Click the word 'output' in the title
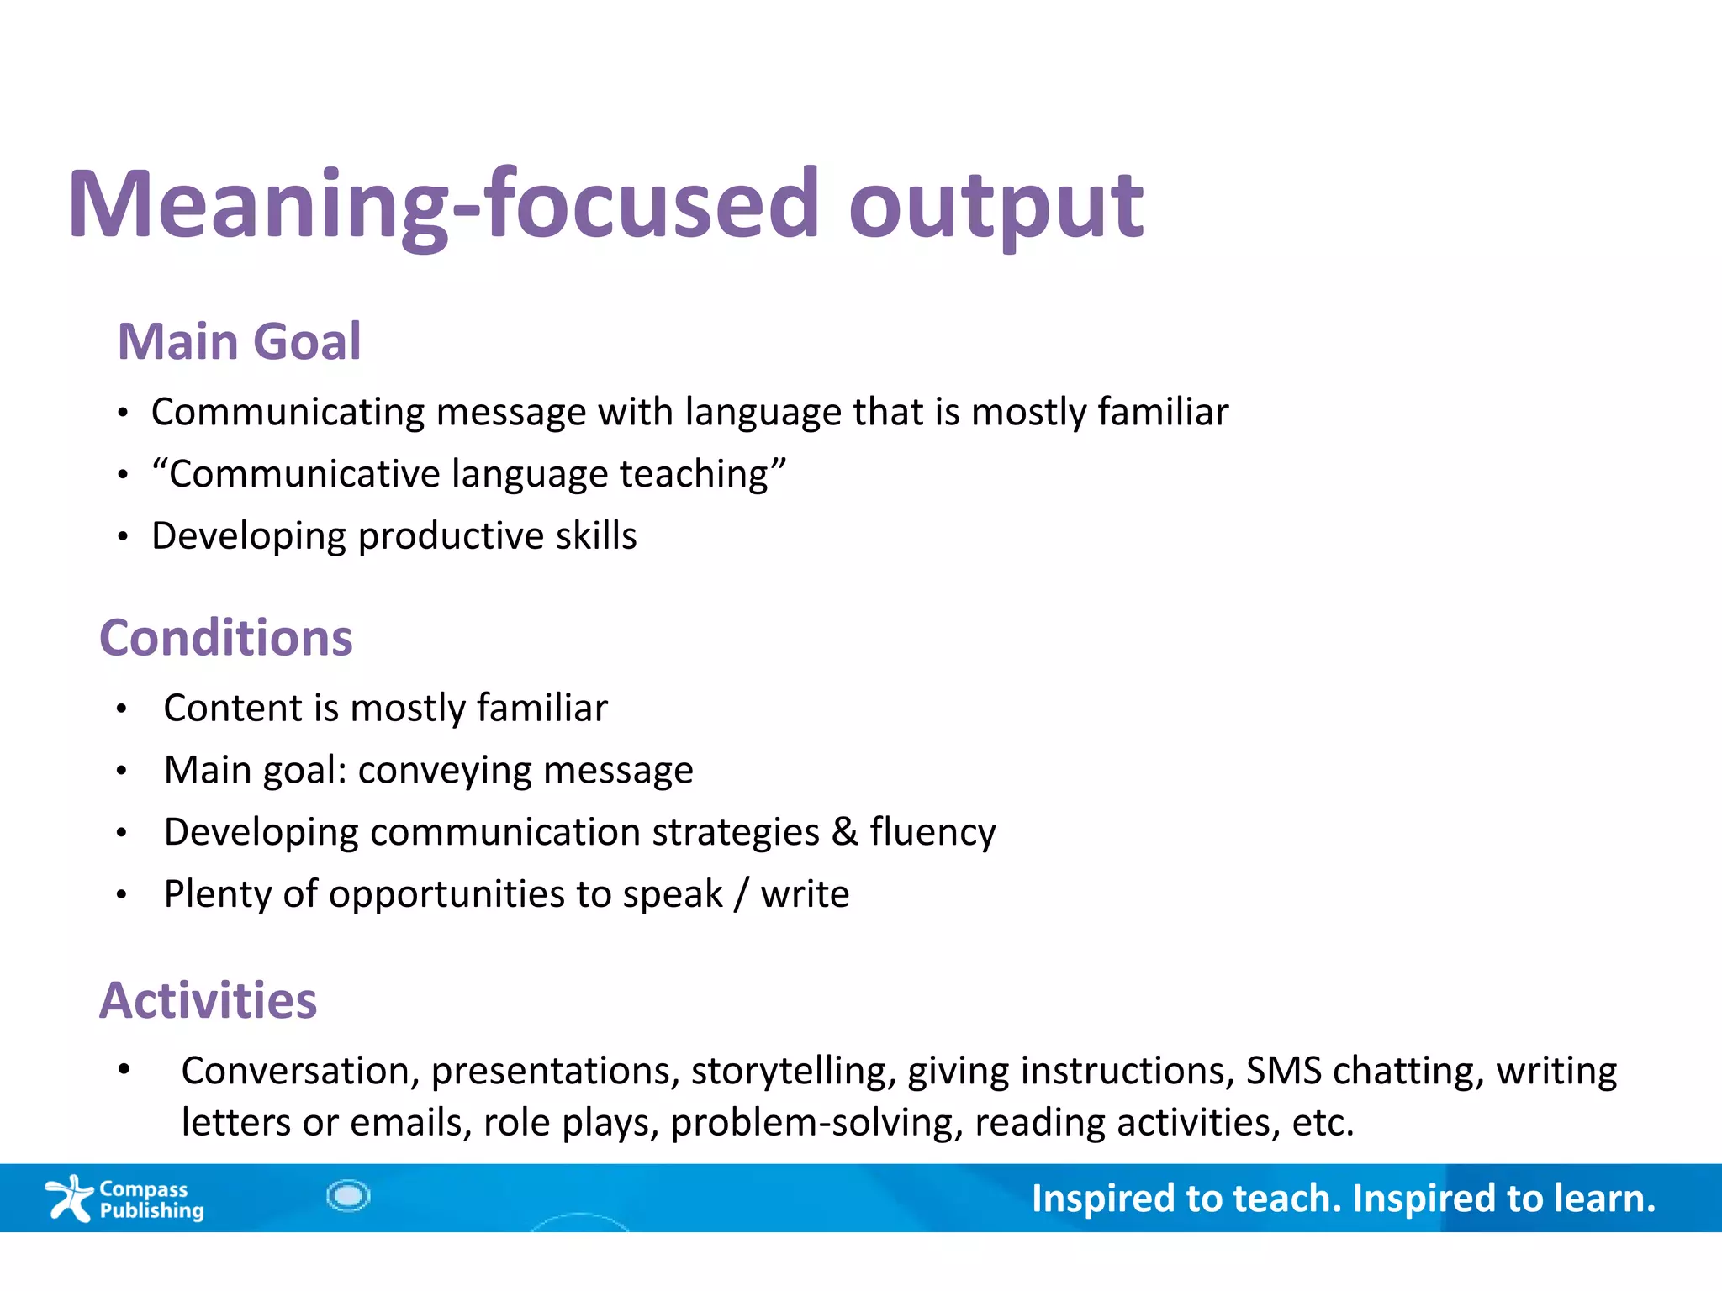(996, 205)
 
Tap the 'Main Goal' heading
(239, 342)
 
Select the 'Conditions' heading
(225, 638)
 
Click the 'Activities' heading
(208, 1000)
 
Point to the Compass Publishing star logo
(69, 1198)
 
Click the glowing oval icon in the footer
(348, 1195)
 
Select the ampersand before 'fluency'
(844, 832)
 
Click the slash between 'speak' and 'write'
(741, 894)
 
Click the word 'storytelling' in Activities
(794, 1072)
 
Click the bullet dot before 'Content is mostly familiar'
(122, 709)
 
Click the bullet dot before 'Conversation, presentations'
(124, 1070)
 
